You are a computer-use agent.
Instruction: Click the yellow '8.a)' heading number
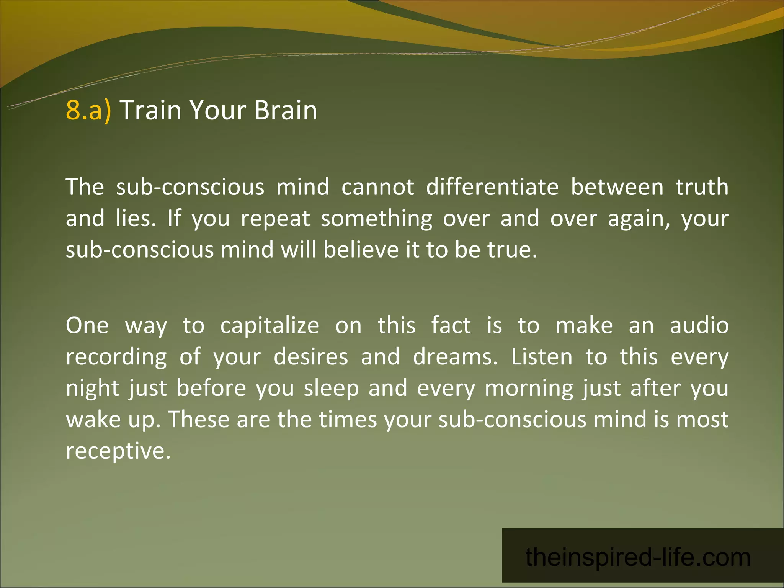(x=88, y=110)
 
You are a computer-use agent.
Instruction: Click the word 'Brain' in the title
(x=286, y=110)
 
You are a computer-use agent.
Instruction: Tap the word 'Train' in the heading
(x=150, y=110)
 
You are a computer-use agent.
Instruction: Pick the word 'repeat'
(x=275, y=219)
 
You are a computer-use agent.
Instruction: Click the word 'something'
(x=376, y=219)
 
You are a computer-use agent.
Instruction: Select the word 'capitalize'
(x=269, y=326)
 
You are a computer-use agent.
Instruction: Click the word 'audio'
(x=699, y=326)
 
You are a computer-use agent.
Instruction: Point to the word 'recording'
(x=116, y=357)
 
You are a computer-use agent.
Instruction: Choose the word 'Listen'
(x=542, y=357)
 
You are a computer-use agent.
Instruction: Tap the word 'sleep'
(x=331, y=389)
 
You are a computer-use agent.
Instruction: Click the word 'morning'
(x=529, y=389)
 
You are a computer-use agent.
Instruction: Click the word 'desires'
(x=311, y=357)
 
